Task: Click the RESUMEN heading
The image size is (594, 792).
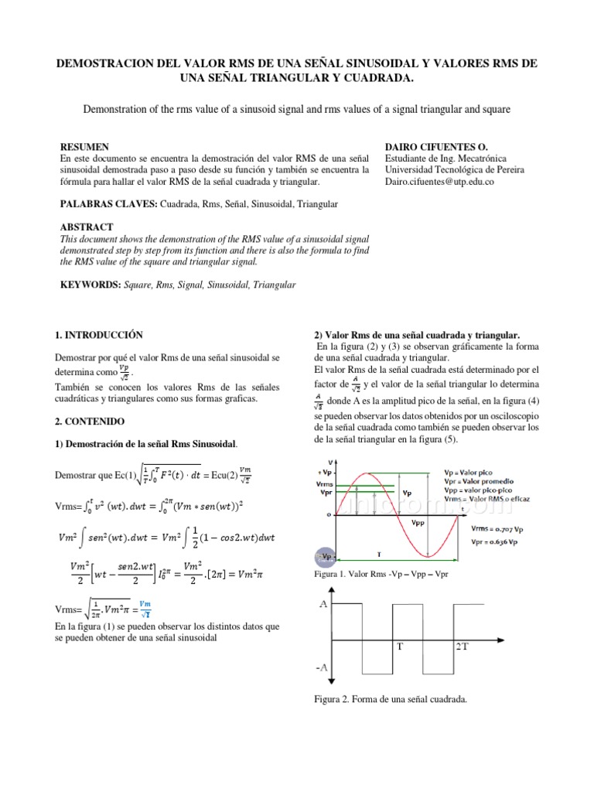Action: [84, 147]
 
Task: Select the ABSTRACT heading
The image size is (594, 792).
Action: [87, 227]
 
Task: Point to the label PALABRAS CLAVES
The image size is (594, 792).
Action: [108, 204]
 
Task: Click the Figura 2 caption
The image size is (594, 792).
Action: [389, 700]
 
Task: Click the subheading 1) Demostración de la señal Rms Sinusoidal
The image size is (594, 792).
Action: [146, 445]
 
